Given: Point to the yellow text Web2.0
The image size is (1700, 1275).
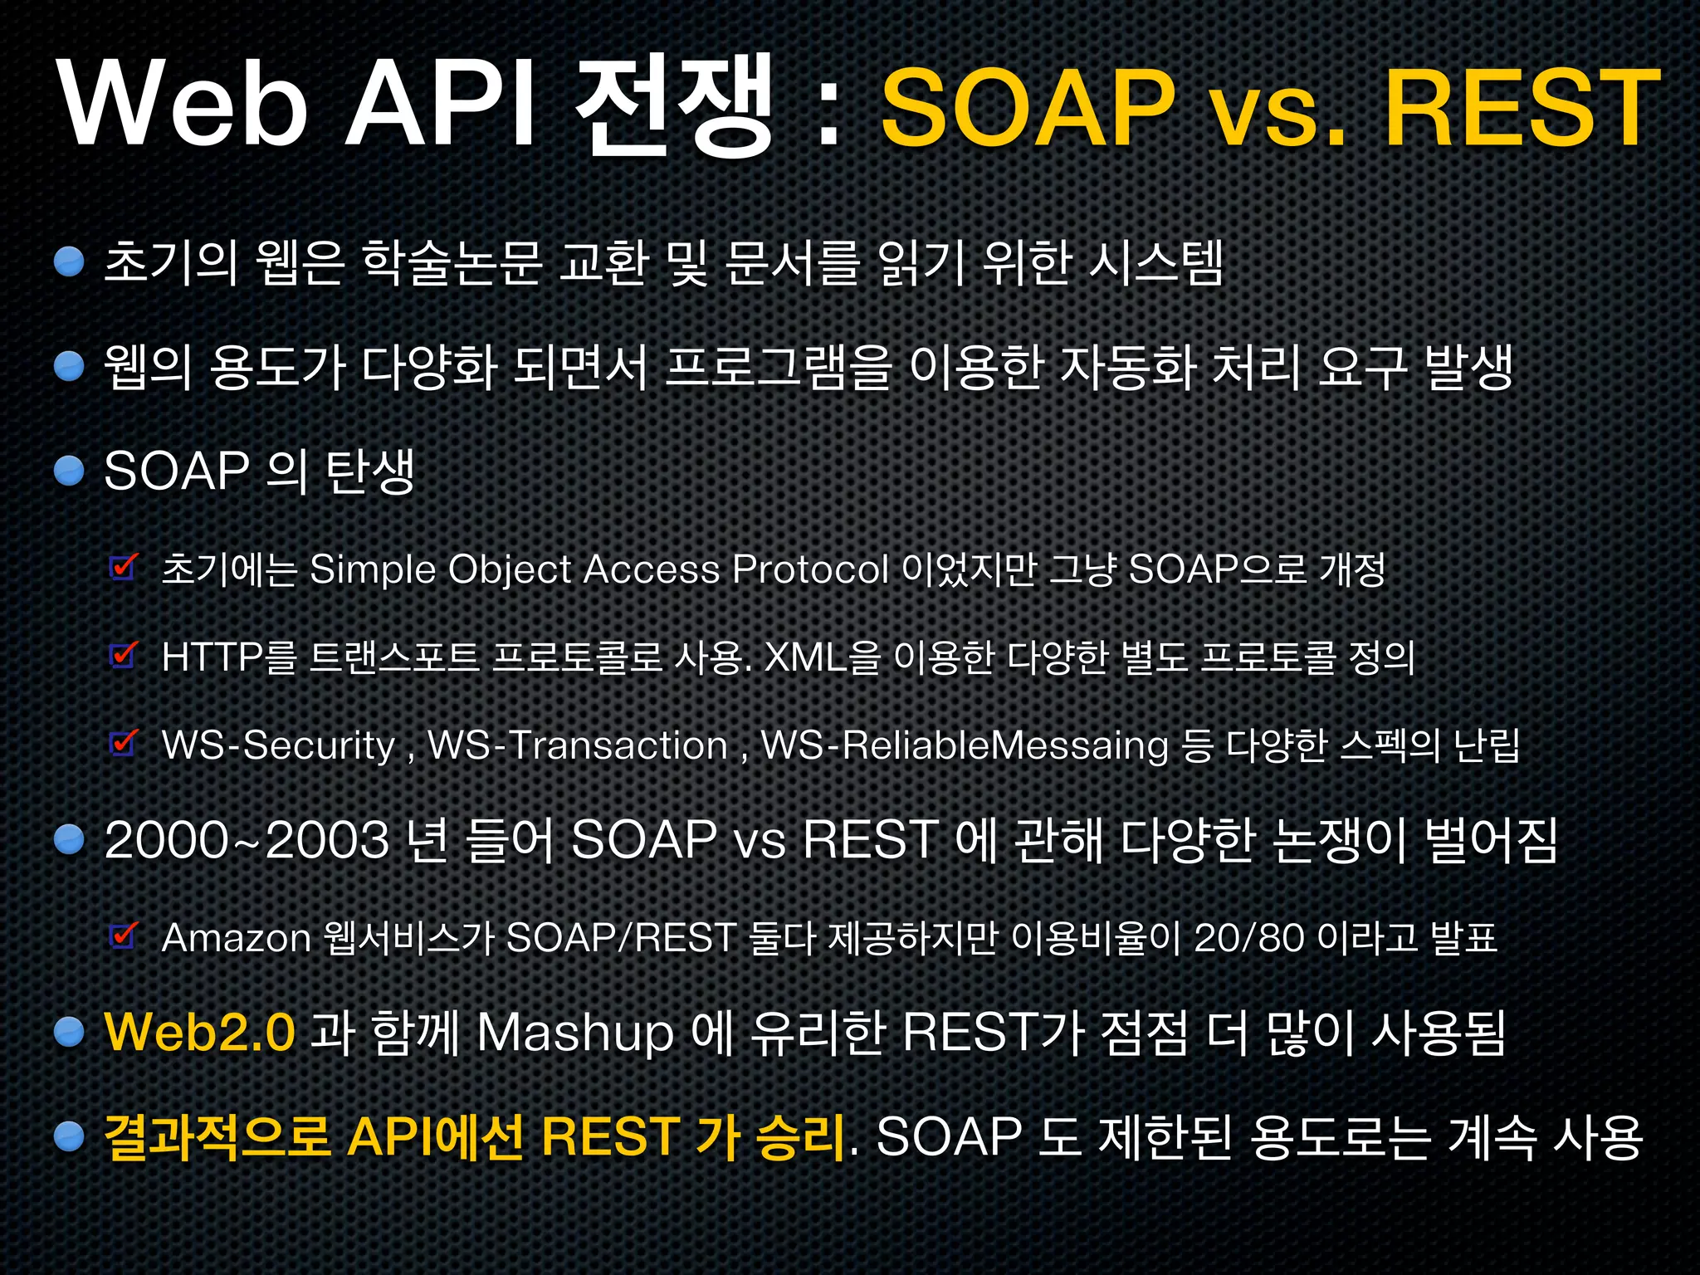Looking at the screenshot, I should coord(199,1032).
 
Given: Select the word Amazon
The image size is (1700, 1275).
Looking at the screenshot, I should coord(236,938).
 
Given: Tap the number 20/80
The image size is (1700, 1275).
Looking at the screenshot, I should coord(1248,938).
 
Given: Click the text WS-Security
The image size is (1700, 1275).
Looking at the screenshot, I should coord(278,745).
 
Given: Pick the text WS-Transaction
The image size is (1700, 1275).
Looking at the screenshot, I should coord(578,745).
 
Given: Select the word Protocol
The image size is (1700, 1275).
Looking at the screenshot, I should coord(810,569).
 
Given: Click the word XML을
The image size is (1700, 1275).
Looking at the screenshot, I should coord(820,657).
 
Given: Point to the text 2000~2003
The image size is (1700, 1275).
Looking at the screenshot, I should coord(247,839).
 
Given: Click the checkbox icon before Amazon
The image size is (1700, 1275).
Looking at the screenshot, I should coord(124,935).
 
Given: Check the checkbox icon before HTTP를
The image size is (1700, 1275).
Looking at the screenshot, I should coord(124,655).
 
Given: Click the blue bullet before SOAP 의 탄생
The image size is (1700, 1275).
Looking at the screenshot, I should coord(70,471).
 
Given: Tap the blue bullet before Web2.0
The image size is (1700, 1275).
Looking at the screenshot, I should coord(70,1032).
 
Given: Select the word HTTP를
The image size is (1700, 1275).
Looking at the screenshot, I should coord(228,657).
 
